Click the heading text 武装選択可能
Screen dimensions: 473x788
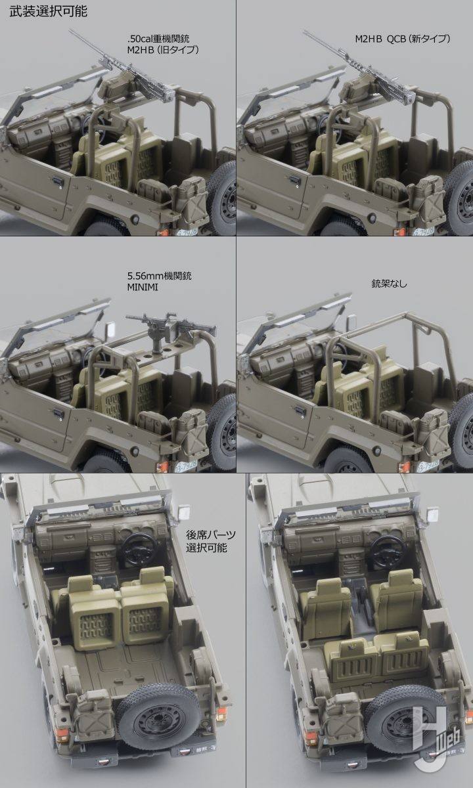[48, 11]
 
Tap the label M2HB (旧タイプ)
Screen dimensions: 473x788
[163, 50]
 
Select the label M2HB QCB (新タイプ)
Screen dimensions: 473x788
[403, 38]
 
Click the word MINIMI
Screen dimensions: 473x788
[143, 287]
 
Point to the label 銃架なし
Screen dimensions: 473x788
[389, 284]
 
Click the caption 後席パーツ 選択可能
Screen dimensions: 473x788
[210, 541]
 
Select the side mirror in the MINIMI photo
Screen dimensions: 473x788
[110, 329]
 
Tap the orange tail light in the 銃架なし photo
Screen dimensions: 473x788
[404, 467]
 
